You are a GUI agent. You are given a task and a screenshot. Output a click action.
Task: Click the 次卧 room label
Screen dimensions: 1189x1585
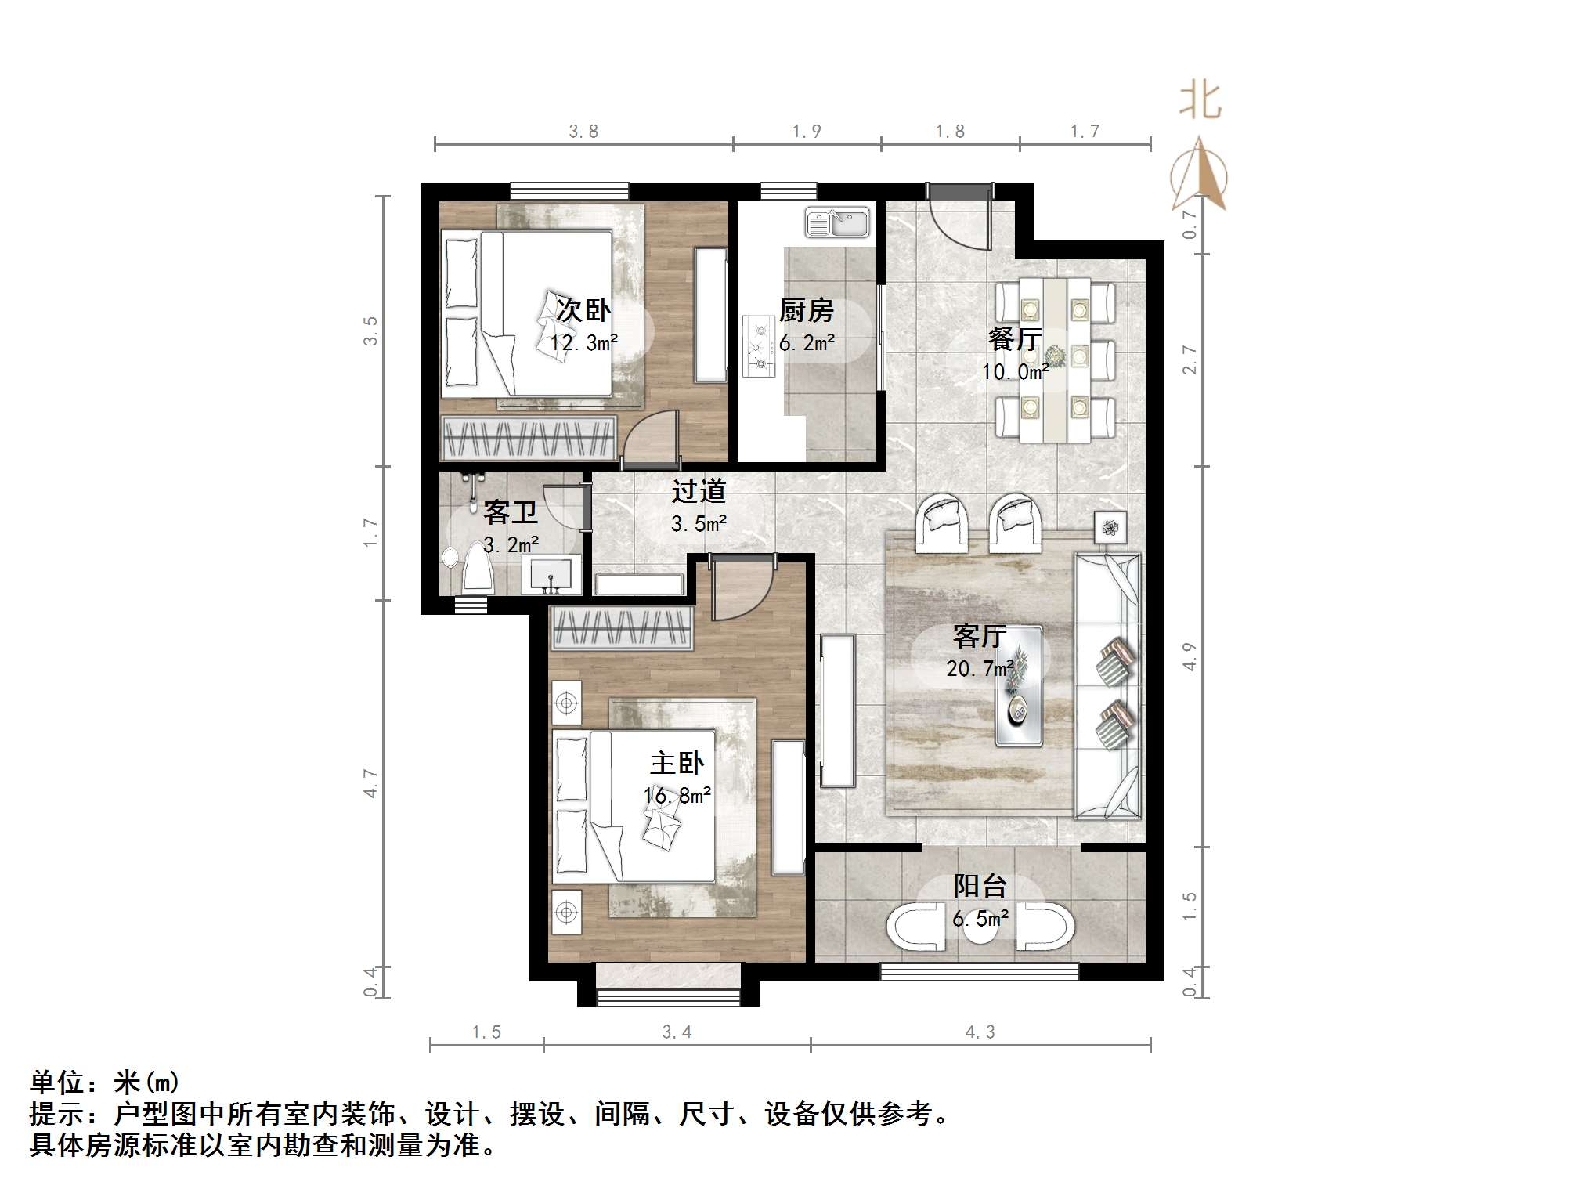click(x=583, y=310)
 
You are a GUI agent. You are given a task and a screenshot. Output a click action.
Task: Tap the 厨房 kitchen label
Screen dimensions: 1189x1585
click(x=806, y=311)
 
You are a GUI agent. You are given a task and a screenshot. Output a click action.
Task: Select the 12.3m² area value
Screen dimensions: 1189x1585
click(x=583, y=343)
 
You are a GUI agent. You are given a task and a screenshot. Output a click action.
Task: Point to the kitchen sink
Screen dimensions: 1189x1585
click(x=837, y=222)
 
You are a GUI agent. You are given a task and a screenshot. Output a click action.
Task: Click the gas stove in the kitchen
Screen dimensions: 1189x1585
click(x=758, y=345)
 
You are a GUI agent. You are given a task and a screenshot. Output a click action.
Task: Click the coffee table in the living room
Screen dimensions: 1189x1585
click(x=1019, y=686)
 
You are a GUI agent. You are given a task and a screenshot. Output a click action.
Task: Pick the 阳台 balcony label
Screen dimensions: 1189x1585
click(x=980, y=886)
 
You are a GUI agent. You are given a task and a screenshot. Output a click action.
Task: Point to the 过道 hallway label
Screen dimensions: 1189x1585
click(x=699, y=491)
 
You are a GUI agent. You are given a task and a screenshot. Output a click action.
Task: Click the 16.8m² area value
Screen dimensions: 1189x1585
click(x=677, y=796)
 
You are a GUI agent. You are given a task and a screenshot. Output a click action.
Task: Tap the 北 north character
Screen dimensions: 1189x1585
click(x=1200, y=102)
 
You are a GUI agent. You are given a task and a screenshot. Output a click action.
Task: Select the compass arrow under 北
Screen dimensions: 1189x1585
click(x=1200, y=176)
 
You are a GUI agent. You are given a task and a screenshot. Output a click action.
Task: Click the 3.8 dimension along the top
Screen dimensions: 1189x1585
click(x=583, y=132)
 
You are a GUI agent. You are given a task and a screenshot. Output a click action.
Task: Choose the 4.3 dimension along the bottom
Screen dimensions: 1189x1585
click(x=980, y=1032)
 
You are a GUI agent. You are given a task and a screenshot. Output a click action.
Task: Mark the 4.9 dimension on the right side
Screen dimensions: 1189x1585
click(x=1190, y=656)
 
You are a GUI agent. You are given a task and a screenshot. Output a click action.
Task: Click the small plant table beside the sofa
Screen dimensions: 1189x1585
click(x=1110, y=528)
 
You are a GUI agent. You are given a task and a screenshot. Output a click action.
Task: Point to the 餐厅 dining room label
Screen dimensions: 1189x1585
click(x=1014, y=339)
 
